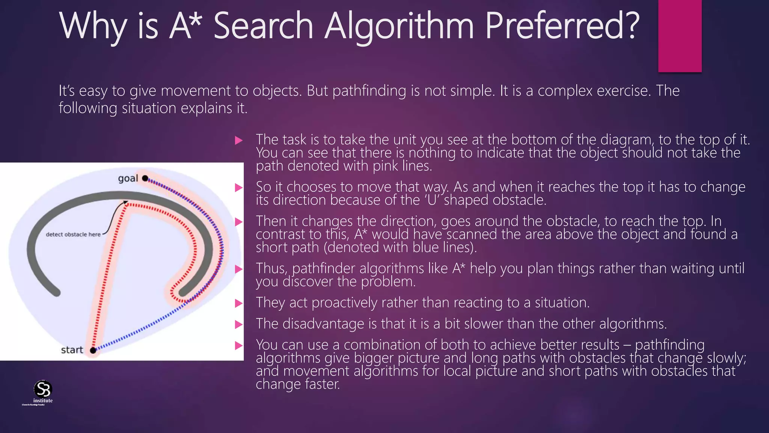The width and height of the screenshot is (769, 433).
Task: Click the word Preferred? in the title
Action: (x=562, y=26)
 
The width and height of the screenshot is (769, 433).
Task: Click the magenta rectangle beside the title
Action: (x=680, y=36)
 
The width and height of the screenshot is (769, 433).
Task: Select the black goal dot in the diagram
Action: (x=145, y=178)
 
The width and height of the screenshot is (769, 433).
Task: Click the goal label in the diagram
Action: (x=128, y=178)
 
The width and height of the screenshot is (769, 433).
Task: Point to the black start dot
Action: (x=93, y=350)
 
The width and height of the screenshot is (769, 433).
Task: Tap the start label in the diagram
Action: (x=72, y=350)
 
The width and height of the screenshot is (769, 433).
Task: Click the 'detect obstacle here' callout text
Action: (x=73, y=234)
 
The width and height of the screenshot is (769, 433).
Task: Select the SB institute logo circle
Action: (x=43, y=389)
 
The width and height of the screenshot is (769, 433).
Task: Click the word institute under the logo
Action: (x=43, y=401)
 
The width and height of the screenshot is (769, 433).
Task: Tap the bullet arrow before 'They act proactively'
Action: (x=239, y=303)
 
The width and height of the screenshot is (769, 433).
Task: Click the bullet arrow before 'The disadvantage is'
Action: (x=239, y=324)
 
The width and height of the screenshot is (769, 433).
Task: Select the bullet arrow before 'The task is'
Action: (x=239, y=141)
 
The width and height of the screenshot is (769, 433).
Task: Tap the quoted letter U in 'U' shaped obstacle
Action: (x=432, y=200)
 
